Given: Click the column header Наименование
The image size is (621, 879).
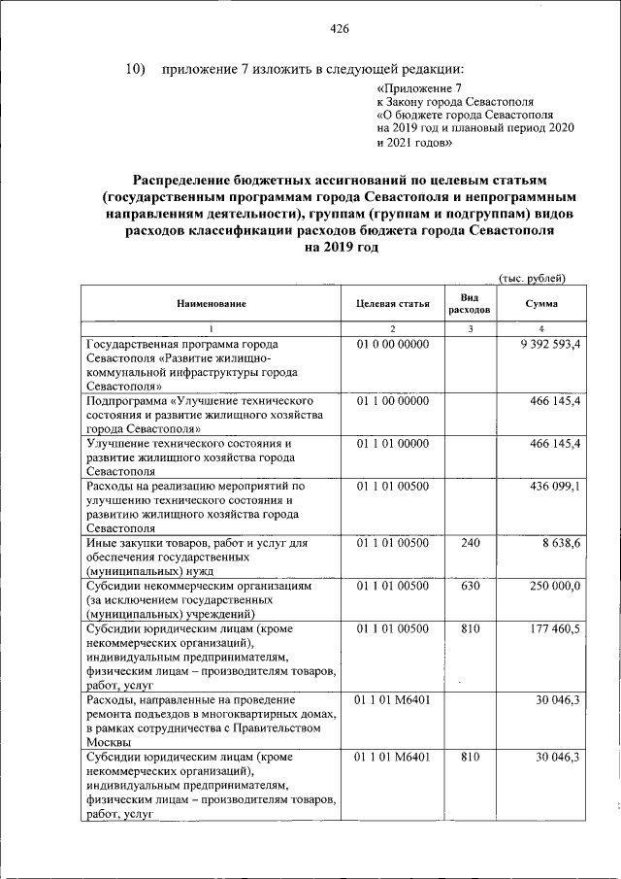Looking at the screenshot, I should click(211, 304).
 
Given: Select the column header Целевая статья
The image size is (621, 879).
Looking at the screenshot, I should click(393, 304).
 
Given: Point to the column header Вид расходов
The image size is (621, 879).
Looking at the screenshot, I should click(470, 304).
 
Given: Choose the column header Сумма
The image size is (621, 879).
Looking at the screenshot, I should click(540, 304).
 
